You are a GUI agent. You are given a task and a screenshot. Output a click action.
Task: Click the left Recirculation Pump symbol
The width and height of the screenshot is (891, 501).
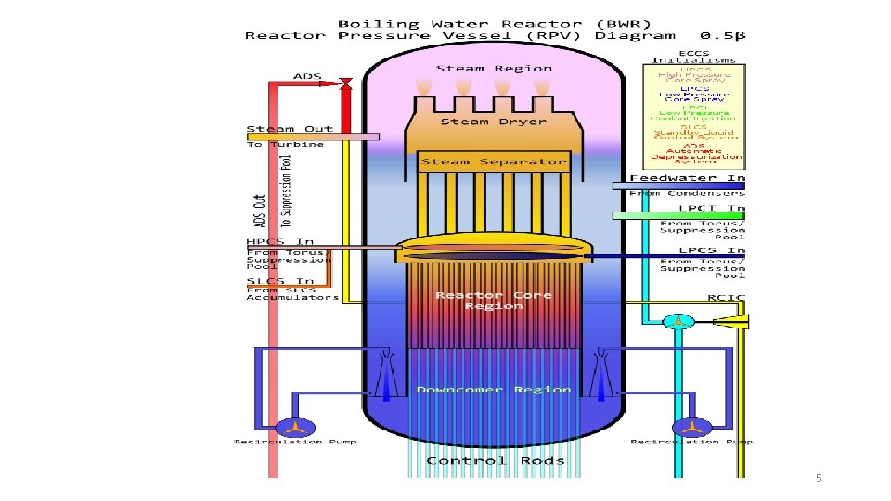click(x=294, y=426)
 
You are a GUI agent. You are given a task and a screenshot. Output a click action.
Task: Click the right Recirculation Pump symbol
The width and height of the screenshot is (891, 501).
click(x=689, y=426)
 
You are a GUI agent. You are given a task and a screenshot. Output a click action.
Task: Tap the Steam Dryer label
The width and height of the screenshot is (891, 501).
click(x=494, y=122)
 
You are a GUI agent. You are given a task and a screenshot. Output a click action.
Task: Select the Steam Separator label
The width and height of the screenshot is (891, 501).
click(x=494, y=161)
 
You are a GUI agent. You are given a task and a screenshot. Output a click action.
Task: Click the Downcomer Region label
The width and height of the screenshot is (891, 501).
click(x=494, y=389)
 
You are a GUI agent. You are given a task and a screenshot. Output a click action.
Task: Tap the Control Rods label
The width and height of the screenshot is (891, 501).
click(x=494, y=461)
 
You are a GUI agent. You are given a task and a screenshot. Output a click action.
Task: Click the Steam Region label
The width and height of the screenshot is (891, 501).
click(x=494, y=68)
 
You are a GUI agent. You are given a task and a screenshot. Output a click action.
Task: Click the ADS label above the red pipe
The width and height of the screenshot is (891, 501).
click(x=308, y=75)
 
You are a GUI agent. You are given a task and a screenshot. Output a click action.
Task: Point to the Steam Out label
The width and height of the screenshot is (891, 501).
click(x=284, y=128)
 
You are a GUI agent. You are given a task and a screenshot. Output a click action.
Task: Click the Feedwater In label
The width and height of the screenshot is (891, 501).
click(x=687, y=177)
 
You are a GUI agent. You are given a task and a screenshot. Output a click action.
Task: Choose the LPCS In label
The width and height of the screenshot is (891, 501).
click(x=711, y=250)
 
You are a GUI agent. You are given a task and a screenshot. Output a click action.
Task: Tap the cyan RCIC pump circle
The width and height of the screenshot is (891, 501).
click(x=678, y=321)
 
